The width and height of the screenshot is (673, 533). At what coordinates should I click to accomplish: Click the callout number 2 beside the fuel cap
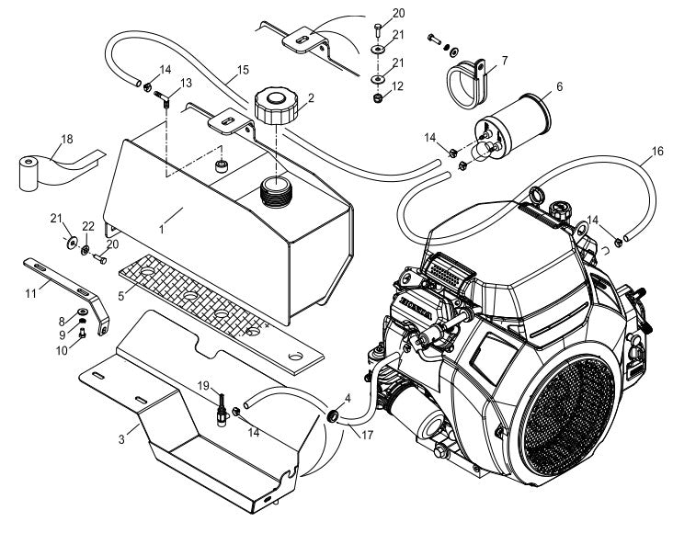(x=311, y=96)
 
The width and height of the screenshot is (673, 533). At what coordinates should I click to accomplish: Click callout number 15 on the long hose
(x=243, y=70)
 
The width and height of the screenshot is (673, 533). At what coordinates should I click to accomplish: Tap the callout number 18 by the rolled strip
(x=66, y=139)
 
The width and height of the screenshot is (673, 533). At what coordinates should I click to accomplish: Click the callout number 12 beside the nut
(x=398, y=86)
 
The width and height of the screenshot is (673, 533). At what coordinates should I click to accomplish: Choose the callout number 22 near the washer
(x=87, y=226)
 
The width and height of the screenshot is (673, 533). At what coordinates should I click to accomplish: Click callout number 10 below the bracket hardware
(x=63, y=351)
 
